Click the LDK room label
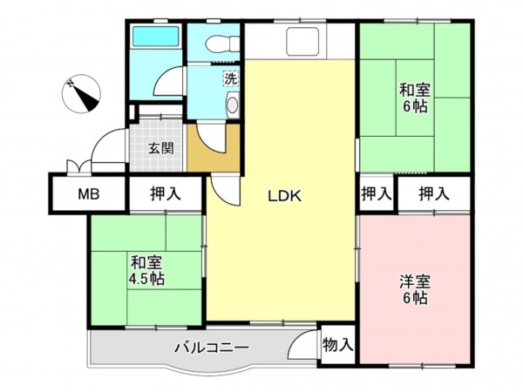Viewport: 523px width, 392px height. pos(283,196)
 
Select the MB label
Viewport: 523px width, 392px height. pos(88,193)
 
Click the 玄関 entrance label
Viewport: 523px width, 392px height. pos(160,147)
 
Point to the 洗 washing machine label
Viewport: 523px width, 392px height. pos(230,78)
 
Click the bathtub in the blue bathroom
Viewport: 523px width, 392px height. pos(154,38)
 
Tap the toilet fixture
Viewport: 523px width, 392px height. pos(217,41)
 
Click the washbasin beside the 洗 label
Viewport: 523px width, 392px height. pos(232,105)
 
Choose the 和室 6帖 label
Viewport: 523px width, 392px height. pos(415,97)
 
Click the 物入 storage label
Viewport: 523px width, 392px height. pos(337,345)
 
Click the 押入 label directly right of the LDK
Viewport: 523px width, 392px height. pos(376,193)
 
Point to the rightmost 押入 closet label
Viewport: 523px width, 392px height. pos(433,193)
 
